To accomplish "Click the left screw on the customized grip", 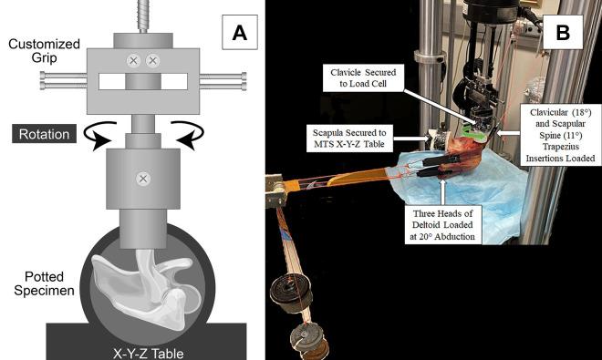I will pyautogui.click(x=134, y=61).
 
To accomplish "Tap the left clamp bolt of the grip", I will pyautogui.click(x=68, y=82).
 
